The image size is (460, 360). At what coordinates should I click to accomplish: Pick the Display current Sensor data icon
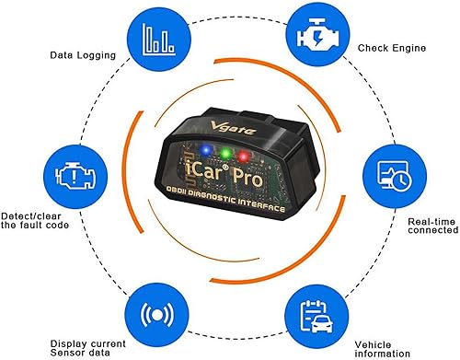(153, 313)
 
